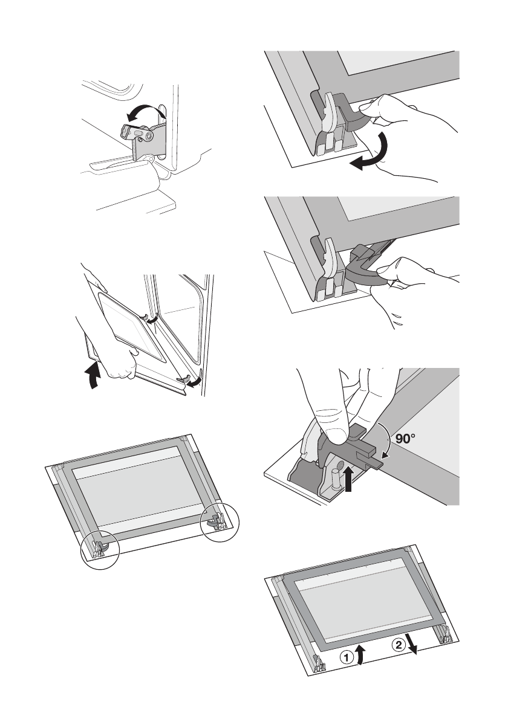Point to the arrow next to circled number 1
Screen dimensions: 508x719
coord(362,654)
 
